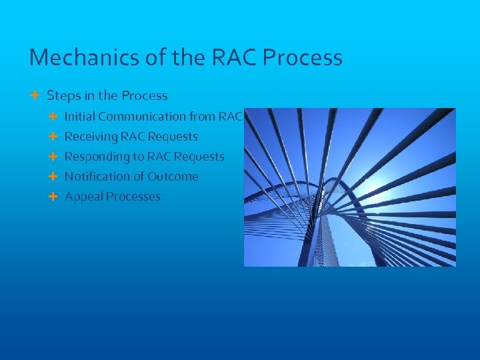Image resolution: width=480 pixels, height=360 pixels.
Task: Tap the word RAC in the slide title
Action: pyautogui.click(x=235, y=58)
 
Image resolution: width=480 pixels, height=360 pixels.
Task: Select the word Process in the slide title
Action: pyautogui.click(x=303, y=58)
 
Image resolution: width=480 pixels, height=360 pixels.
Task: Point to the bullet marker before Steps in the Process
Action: pyautogui.click(x=35, y=96)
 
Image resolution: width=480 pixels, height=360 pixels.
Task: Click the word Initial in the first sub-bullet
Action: pyautogui.click(x=79, y=117)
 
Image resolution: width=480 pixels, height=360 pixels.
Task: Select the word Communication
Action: pyautogui.click(x=142, y=117)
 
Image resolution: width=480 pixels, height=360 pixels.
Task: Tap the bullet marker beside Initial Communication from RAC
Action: pyautogui.click(x=53, y=117)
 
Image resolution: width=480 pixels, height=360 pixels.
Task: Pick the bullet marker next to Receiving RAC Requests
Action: pyautogui.click(x=53, y=137)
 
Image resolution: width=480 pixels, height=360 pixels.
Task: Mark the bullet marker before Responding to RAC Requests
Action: pyautogui.click(x=53, y=157)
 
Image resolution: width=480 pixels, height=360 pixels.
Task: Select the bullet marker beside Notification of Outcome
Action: pyautogui.click(x=53, y=177)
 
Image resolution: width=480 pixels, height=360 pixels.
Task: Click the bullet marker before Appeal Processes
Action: pyautogui.click(x=53, y=197)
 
